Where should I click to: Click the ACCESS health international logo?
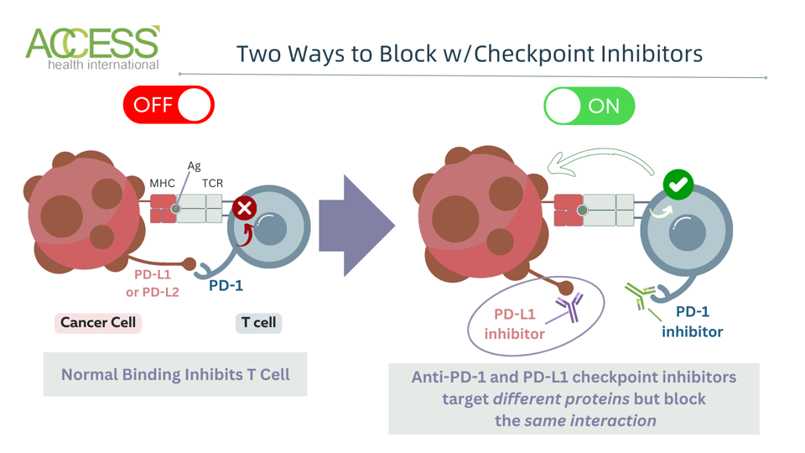(92, 48)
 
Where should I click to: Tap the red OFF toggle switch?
(169, 105)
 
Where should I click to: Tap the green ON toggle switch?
(589, 106)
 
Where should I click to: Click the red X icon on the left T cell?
(245, 207)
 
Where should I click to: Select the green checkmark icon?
(678, 184)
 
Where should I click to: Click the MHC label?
(162, 183)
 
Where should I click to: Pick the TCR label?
(212, 183)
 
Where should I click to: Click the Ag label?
(194, 166)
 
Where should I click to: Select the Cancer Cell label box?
(98, 323)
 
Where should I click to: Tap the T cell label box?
(258, 323)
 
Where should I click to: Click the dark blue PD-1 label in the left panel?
(226, 285)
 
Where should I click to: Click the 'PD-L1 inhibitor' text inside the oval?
(514, 324)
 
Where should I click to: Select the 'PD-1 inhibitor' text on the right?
(692, 321)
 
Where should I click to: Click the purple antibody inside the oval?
(570, 308)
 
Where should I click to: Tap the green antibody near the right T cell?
(641, 295)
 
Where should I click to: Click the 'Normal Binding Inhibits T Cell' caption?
(175, 374)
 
